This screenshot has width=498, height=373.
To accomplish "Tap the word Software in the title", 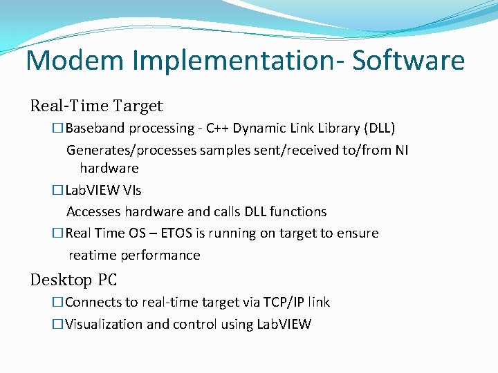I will (x=408, y=61).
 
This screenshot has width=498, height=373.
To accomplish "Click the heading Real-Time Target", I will (x=96, y=106).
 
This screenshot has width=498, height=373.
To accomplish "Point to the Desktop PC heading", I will (x=73, y=280).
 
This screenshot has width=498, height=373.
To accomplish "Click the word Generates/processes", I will (x=131, y=150).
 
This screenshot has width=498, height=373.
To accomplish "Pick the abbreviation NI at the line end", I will (x=401, y=150).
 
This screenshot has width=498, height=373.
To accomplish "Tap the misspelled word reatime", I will (x=93, y=256).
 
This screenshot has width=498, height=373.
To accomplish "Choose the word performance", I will (x=160, y=256).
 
